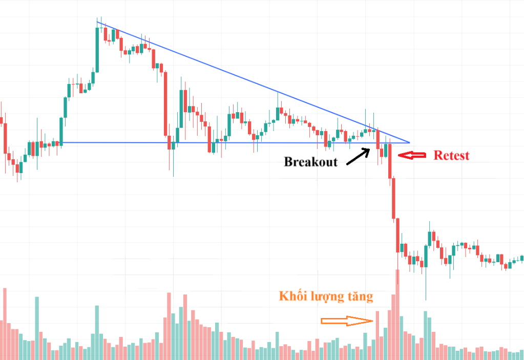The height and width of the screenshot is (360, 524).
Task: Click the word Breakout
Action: point(311,162)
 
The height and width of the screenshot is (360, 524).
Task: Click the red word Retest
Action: point(451,155)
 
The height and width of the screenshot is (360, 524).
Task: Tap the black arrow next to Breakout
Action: point(358,156)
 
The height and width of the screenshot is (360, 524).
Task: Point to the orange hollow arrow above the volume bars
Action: point(346,321)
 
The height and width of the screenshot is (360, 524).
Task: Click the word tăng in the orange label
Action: point(360,296)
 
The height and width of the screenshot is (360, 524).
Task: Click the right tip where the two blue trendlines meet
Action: point(409,142)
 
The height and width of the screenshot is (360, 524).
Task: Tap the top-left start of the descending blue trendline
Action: point(97,21)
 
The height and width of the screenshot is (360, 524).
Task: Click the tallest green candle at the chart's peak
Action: point(97,49)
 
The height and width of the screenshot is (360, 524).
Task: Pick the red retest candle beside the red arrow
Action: point(390,161)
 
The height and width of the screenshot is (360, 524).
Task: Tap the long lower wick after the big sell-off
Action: point(426,284)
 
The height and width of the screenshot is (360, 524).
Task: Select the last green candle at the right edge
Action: point(522,258)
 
